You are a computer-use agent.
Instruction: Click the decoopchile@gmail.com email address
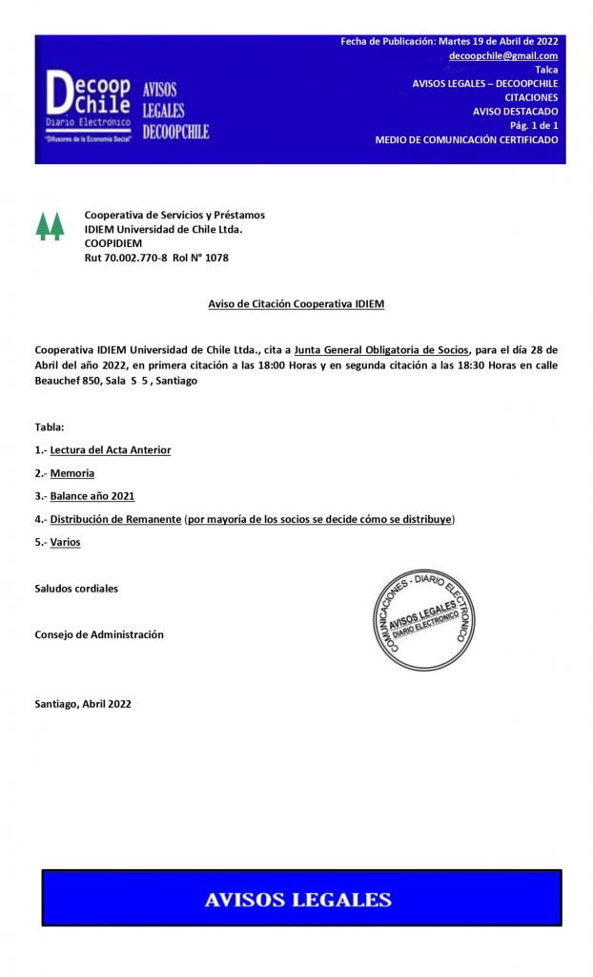point(503,55)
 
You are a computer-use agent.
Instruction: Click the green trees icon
point(50,226)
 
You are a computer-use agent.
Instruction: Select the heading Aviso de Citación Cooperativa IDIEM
point(296,304)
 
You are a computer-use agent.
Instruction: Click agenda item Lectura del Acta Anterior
point(111,449)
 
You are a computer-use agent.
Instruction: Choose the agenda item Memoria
point(72,473)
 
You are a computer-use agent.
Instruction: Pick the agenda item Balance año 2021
point(92,496)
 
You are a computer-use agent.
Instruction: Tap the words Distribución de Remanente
point(115,519)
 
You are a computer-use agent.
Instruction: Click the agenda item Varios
point(66,542)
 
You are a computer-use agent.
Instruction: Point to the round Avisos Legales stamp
point(422,620)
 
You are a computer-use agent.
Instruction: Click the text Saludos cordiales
point(76,589)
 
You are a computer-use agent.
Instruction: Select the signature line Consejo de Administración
point(99,634)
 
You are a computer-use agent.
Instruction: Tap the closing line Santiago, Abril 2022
point(83,704)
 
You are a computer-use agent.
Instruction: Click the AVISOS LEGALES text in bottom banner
point(298,899)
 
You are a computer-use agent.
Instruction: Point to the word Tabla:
point(50,426)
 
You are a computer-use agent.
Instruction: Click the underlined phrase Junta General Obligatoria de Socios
point(381,350)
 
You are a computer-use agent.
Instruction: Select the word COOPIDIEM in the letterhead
point(113,243)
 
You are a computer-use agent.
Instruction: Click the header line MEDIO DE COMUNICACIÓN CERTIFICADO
point(466,139)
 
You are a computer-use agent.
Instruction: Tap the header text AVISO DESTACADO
point(516,112)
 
